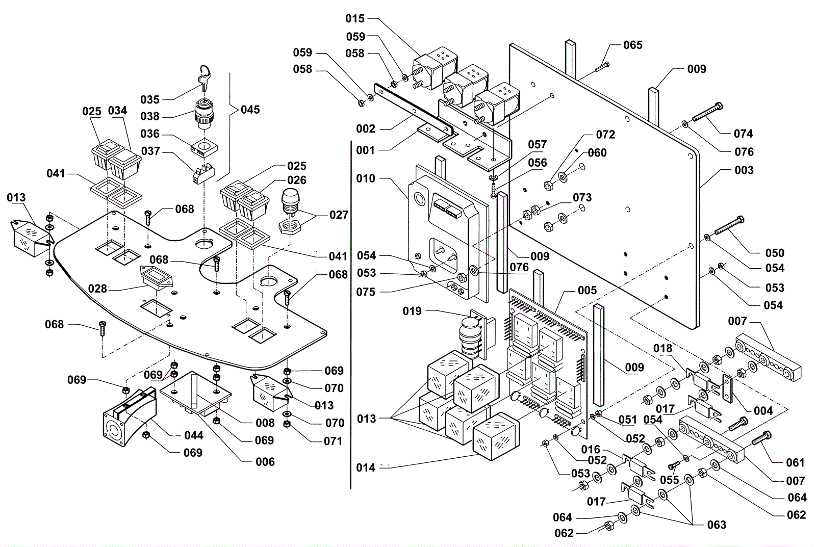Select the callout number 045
(250, 110)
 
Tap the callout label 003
(744, 170)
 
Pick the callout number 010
(366, 178)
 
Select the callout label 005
(587, 290)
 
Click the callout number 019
(412, 310)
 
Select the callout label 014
(366, 467)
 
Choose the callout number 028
(97, 289)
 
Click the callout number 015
(355, 19)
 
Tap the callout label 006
(265, 462)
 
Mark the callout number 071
(333, 441)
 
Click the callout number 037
(150, 151)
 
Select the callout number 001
(366, 150)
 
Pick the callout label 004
(763, 410)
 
